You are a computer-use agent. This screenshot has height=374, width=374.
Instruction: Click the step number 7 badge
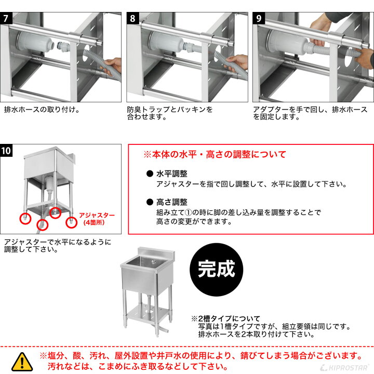click(x=6, y=18)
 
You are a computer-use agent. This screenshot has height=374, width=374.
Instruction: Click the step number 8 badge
click(x=132, y=18)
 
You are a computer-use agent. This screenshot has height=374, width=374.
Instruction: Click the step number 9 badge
click(x=258, y=18)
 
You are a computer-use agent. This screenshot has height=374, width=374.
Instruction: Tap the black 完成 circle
click(x=217, y=269)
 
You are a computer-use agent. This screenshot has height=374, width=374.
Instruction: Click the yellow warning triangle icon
click(x=22, y=360)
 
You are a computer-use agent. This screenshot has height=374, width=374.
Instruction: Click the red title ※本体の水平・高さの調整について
click(x=215, y=155)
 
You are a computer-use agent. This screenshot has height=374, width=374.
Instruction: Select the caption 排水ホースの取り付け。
click(x=42, y=110)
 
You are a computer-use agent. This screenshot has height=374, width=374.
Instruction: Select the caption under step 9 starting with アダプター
click(x=310, y=113)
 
